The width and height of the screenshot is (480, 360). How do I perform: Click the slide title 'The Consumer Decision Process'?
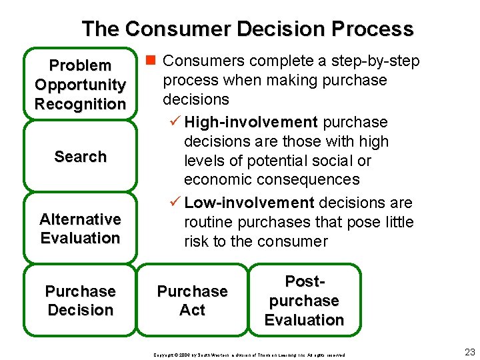pos(247,29)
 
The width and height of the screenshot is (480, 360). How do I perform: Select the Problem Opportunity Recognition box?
pos(80,84)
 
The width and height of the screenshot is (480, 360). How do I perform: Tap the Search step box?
pos(80,157)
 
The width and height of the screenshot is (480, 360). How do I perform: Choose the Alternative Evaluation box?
pos(80,229)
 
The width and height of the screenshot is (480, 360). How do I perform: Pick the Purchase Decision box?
pos(80,301)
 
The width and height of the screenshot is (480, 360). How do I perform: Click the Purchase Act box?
pos(192,301)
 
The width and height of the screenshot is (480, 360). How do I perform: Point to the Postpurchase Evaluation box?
pos(304,301)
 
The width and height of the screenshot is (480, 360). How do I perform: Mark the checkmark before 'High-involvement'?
pos(175,122)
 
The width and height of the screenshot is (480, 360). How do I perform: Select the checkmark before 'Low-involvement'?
pos(175,203)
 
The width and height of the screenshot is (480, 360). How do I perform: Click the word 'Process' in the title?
pos(375,29)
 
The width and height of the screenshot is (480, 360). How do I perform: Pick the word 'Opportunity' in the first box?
pos(80,85)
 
